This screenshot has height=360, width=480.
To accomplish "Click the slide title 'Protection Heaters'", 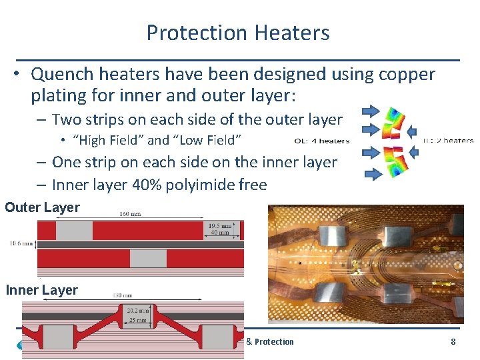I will click(238, 33).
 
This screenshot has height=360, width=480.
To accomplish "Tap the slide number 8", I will click(453, 342).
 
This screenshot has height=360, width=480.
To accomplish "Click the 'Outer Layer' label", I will click(42, 207).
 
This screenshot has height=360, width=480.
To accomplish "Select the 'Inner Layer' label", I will click(42, 290).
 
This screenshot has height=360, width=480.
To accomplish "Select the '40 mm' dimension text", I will click(221, 233).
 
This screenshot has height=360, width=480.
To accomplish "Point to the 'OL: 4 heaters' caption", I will click(322, 141).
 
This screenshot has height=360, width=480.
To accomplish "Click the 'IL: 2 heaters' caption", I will click(448, 141).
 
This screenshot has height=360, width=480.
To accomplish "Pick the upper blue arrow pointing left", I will click(412, 129).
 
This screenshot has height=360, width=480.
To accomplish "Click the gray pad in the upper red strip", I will click(74, 231).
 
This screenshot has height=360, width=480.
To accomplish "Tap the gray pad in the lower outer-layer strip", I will click(148, 258).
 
